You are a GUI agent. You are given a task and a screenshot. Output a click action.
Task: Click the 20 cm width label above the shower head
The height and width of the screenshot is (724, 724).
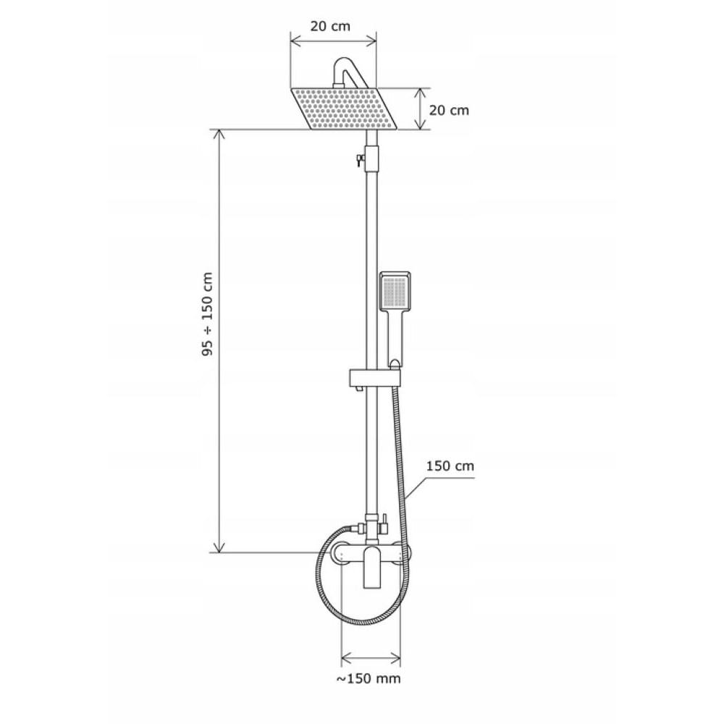(x=329, y=26)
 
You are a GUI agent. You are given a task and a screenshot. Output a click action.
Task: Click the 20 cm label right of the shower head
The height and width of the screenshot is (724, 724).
(x=449, y=110)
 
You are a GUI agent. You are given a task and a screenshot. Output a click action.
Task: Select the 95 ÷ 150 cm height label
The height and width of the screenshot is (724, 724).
(x=208, y=314)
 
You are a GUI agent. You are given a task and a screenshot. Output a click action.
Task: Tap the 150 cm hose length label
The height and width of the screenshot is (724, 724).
(x=450, y=466)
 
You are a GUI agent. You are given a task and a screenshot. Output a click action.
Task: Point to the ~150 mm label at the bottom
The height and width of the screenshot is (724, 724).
(x=368, y=678)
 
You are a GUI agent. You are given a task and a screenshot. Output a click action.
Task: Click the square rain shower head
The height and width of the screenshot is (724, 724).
(x=344, y=109)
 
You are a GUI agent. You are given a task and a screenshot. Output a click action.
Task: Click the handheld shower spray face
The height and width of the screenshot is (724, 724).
(x=395, y=291)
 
